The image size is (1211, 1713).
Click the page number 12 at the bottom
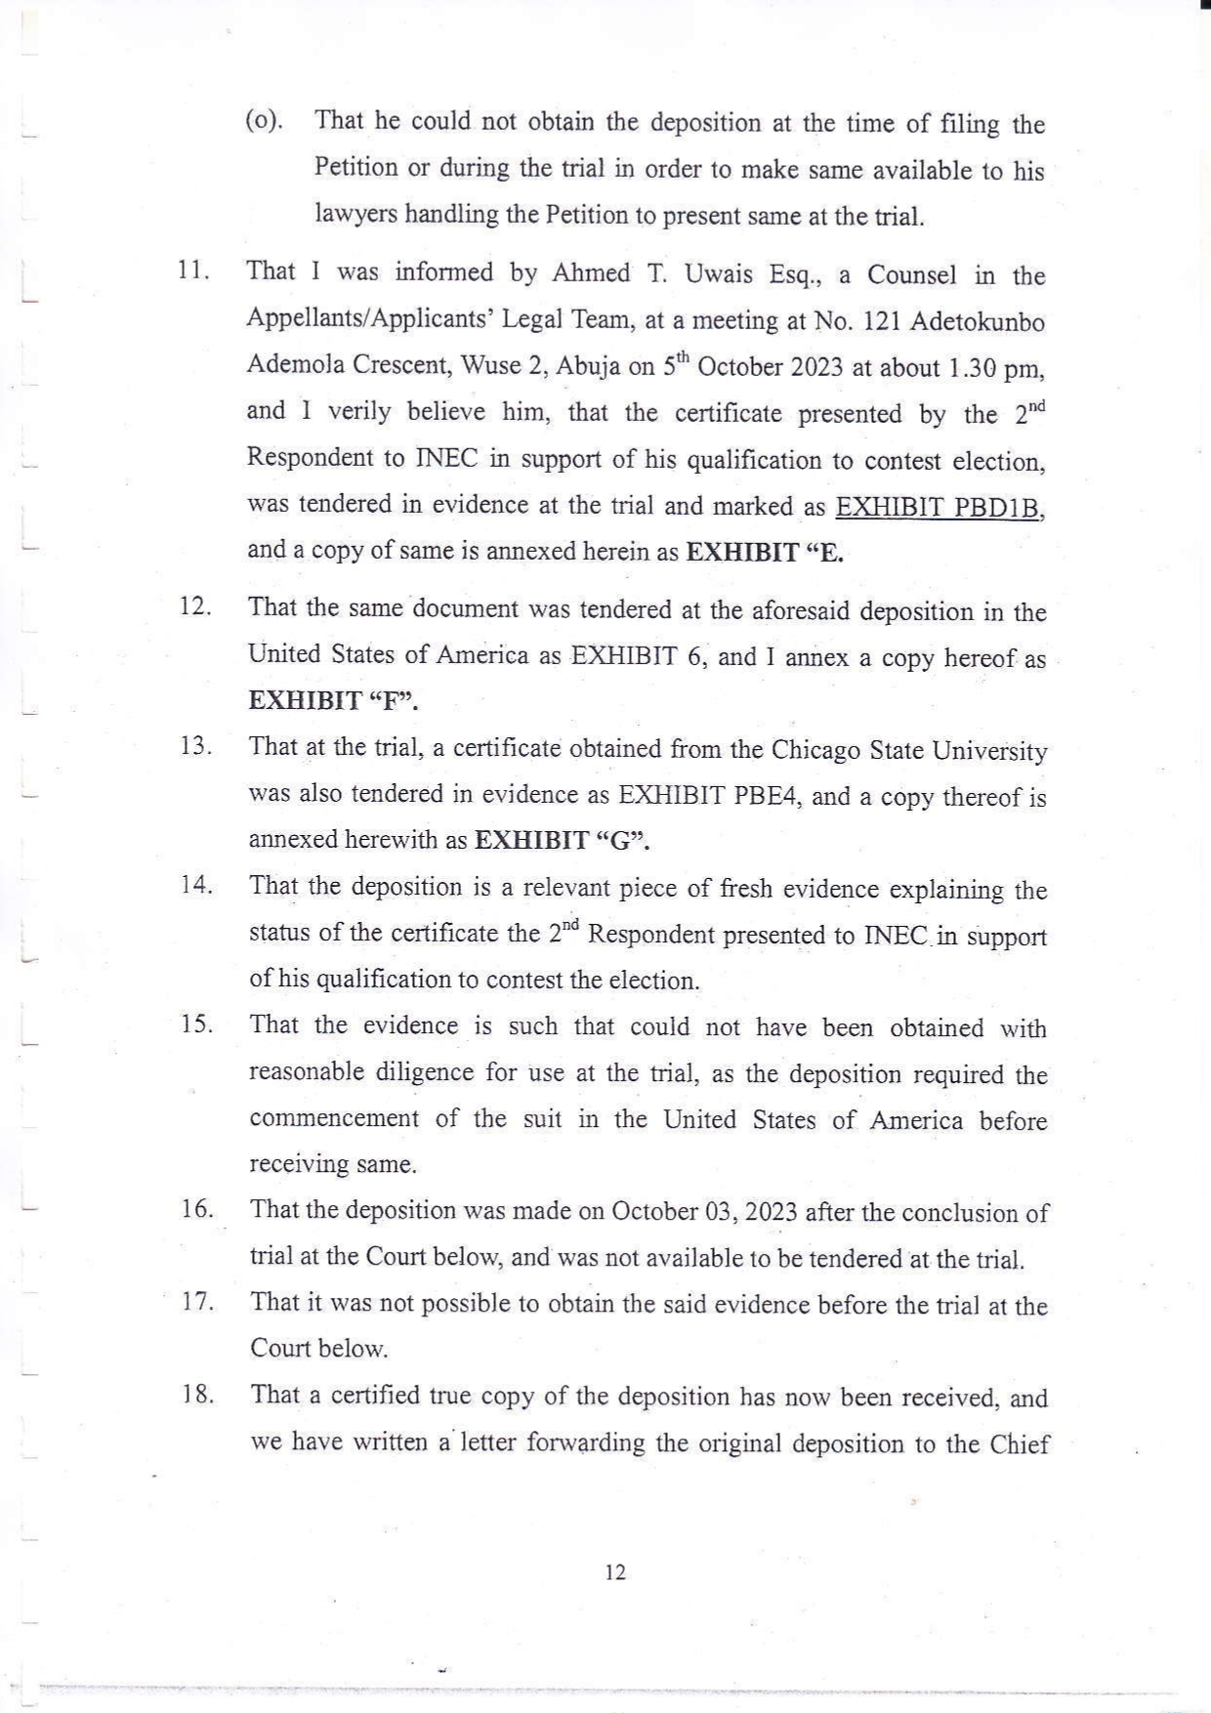[x=615, y=1572]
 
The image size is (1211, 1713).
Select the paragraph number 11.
[x=193, y=271]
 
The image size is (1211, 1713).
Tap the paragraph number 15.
[x=196, y=1024]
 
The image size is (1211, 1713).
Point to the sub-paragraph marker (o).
[x=263, y=121]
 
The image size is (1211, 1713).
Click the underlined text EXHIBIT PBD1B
[x=940, y=508]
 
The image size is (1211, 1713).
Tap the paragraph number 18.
[x=197, y=1395]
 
